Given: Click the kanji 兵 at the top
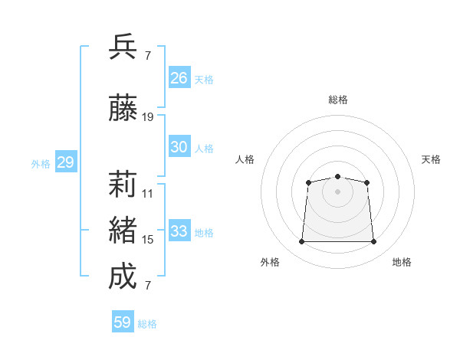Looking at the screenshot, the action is (123, 47).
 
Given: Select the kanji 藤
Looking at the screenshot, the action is (123, 107).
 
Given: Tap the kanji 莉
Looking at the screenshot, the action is (123, 184).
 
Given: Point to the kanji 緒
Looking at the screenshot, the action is (123, 230).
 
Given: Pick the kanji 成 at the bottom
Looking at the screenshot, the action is (123, 276).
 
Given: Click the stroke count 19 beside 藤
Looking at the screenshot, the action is (147, 117).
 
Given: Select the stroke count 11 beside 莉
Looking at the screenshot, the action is (147, 194).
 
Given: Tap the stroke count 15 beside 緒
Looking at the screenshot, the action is (147, 240).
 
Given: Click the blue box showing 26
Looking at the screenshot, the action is (179, 77).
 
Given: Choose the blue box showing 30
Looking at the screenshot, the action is (179, 146).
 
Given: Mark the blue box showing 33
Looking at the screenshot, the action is (179, 230).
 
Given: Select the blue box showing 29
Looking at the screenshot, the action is (66, 162).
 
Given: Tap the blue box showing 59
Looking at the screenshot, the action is (123, 321).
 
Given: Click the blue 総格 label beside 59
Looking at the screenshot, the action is (147, 324).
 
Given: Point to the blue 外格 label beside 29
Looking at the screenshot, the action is (41, 164).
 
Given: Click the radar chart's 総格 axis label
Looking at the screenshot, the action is (338, 100).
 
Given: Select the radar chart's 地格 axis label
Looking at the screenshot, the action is (402, 262).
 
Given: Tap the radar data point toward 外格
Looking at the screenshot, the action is (301, 241).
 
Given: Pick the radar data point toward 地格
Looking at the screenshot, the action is (373, 241).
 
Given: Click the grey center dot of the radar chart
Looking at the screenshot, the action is (337, 191).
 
